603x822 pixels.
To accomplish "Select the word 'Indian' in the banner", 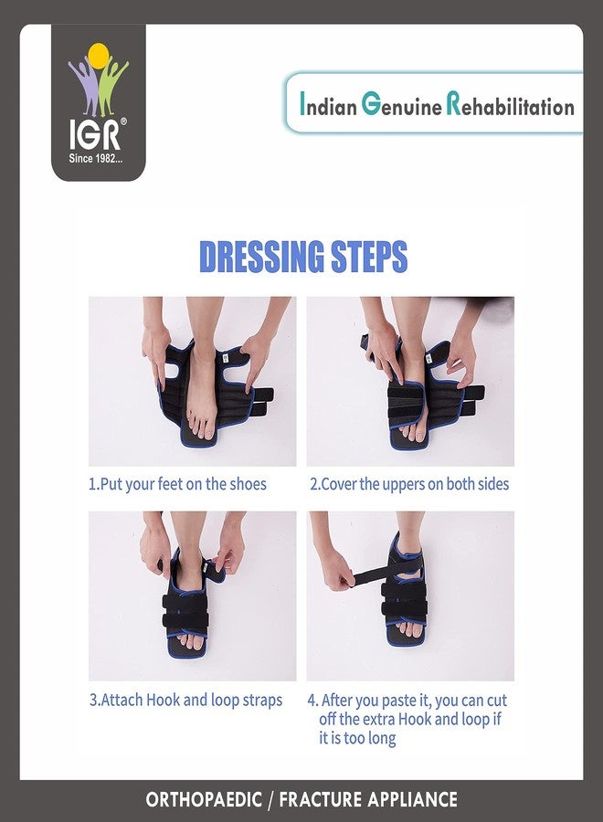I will (x=328, y=105).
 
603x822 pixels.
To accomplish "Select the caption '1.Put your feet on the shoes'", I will (x=178, y=484).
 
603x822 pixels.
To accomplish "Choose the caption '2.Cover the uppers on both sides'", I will (x=408, y=484).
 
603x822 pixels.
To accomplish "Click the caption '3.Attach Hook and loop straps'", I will (x=186, y=701).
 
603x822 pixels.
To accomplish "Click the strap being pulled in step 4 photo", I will (x=365, y=577).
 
